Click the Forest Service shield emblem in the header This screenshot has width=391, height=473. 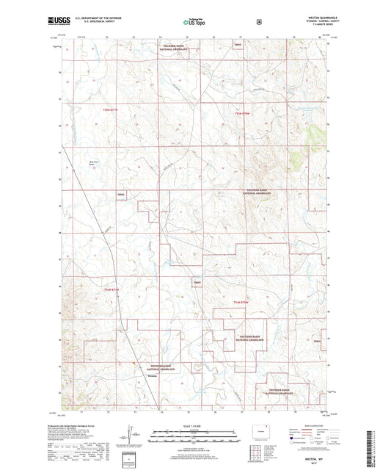coord(259,22)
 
